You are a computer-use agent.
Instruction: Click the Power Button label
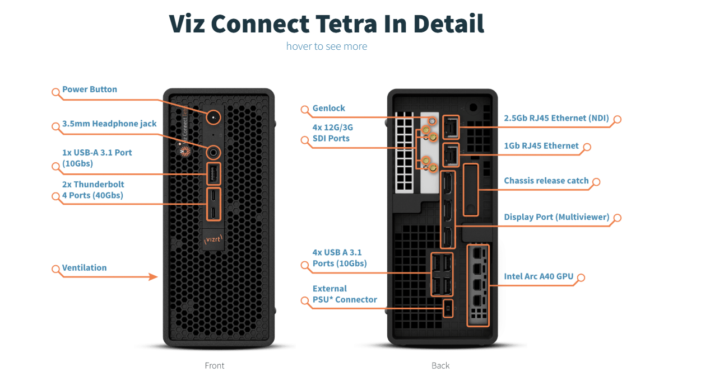point(90,90)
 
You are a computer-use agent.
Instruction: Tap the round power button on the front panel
point(214,117)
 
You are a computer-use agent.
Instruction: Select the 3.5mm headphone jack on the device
point(214,153)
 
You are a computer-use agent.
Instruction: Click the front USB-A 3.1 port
point(214,173)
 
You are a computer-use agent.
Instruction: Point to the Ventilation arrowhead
point(153,277)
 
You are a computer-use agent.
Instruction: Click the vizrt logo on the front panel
point(213,239)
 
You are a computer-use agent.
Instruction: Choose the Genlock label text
point(329,108)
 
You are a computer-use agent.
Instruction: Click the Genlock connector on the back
point(431,121)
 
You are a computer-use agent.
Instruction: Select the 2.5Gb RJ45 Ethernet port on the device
point(451,127)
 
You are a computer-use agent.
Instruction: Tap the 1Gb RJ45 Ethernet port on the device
point(451,155)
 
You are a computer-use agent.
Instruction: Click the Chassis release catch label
point(546,181)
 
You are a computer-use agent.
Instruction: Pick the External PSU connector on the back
point(448,308)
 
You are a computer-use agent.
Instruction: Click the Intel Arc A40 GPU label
point(539,276)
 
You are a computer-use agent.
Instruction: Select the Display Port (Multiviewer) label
point(556,217)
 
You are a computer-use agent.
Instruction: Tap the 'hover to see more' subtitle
point(327,46)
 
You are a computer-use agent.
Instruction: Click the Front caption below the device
point(215,366)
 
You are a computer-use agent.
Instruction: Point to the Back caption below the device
point(440,366)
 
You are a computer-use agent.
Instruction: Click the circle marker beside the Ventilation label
point(56,269)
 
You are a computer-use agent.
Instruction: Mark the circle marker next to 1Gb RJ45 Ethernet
point(587,147)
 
